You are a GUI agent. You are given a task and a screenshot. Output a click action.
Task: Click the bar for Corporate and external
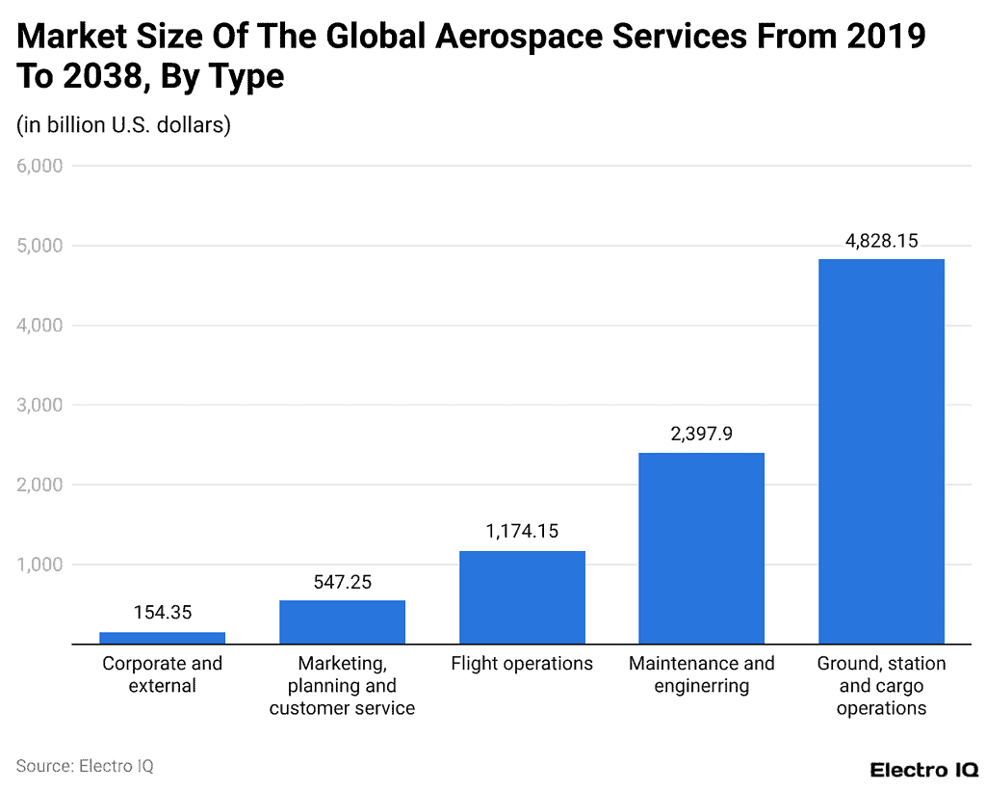pyautogui.click(x=162, y=638)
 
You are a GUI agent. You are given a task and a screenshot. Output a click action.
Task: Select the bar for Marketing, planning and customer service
pyautogui.click(x=342, y=621)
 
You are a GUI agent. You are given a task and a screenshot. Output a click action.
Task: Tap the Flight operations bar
pyautogui.click(x=522, y=597)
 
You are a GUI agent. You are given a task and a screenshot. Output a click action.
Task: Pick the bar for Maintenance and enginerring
pyautogui.click(x=701, y=548)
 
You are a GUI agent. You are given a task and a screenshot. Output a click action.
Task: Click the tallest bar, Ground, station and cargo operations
pyautogui.click(x=881, y=451)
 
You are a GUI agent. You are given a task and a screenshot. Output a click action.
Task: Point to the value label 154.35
pyautogui.click(x=162, y=614)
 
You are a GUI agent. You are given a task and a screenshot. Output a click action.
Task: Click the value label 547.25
pyautogui.click(x=342, y=582)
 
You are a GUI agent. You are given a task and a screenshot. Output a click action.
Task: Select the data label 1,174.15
pyautogui.click(x=522, y=532)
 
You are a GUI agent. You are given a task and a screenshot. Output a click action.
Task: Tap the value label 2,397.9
pyautogui.click(x=701, y=435)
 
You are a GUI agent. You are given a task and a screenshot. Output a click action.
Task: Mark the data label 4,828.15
pyautogui.click(x=881, y=241)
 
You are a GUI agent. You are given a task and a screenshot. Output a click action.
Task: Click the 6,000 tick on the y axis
pyautogui.click(x=39, y=166)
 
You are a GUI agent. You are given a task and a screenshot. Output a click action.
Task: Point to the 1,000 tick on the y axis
pyautogui.click(x=39, y=565)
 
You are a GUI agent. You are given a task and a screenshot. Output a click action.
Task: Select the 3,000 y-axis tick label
pyautogui.click(x=39, y=406)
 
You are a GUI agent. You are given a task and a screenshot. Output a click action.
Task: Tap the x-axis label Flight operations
pyautogui.click(x=522, y=664)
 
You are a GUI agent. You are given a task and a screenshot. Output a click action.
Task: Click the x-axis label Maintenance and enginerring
pyautogui.click(x=701, y=674)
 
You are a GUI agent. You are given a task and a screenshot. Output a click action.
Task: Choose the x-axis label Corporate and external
pyautogui.click(x=162, y=674)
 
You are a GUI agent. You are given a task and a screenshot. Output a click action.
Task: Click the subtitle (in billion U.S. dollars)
pyautogui.click(x=123, y=125)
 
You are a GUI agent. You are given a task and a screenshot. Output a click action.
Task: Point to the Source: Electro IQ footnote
pyautogui.click(x=85, y=766)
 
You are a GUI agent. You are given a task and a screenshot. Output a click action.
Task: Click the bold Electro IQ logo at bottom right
pyautogui.click(x=923, y=769)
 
